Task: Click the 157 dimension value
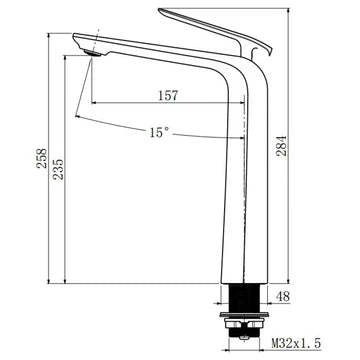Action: tap(168, 96)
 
